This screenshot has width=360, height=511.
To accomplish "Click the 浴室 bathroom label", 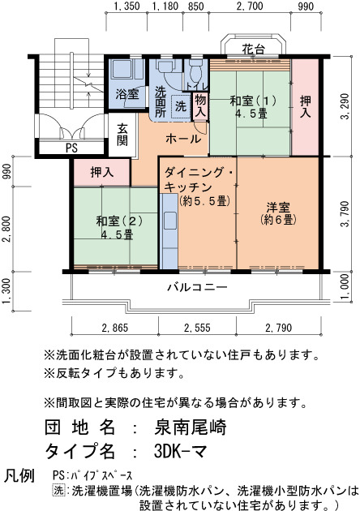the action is pyautogui.click(x=127, y=94).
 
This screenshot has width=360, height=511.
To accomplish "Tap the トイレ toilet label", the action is pyautogui.click(x=197, y=86).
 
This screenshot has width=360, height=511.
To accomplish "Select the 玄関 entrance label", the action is pyautogui.click(x=122, y=135).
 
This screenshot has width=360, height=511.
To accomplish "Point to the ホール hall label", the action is pyautogui.click(x=183, y=139).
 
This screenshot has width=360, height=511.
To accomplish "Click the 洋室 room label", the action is pyautogui.click(x=278, y=208).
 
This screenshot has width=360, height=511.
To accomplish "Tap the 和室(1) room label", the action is pyautogui.click(x=253, y=101).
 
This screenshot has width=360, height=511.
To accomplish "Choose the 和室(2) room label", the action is pyautogui.click(x=119, y=221).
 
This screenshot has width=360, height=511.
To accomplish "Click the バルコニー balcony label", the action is pyautogui.click(x=197, y=287).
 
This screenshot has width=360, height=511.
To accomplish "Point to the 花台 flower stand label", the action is pyautogui.click(x=253, y=49).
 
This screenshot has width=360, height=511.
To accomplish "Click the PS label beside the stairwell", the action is pyautogui.click(x=71, y=148).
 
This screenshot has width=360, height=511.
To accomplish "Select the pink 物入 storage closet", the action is pyautogui.click(x=200, y=106).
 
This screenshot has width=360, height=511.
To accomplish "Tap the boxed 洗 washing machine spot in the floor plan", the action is pyautogui.click(x=180, y=106).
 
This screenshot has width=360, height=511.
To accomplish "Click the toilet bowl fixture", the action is pyautogui.click(x=195, y=72).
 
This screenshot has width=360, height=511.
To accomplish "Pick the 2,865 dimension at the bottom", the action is pyautogui.click(x=114, y=328).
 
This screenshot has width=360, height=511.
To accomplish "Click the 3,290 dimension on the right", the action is pyautogui.click(x=345, y=106).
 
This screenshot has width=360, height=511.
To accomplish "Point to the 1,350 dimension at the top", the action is pyautogui.click(x=126, y=6).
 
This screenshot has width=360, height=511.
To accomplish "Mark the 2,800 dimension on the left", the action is pyautogui.click(x=6, y=229).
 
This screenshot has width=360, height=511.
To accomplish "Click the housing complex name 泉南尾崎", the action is pyautogui.click(x=191, y=427).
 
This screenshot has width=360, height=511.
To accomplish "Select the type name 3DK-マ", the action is pyautogui.click(x=180, y=451).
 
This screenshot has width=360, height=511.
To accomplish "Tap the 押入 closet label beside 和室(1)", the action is pyautogui.click(x=305, y=107).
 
